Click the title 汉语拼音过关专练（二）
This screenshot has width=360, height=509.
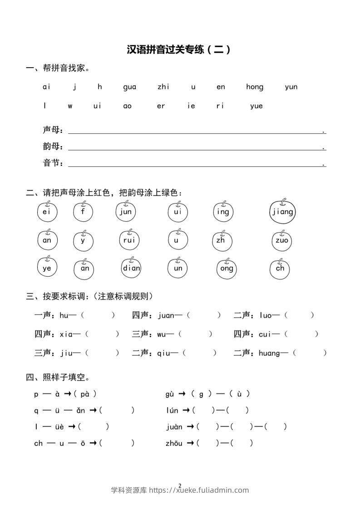pos(179,49)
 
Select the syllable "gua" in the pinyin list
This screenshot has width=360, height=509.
pos(129,87)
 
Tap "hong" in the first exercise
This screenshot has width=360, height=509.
pos(255,87)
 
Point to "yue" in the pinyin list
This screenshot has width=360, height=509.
pos(256,106)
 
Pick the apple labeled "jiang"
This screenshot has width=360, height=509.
pos(282,212)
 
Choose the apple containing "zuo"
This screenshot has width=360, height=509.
pos(282,240)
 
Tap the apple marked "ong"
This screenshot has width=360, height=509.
pos(227,268)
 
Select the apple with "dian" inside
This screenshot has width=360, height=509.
pos(131,268)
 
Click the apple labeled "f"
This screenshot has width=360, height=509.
pos(83,212)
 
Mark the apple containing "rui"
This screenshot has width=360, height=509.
pos(129,240)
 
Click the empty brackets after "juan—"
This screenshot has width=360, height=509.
pos(204,315)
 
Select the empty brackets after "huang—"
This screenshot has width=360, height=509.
pos(310,353)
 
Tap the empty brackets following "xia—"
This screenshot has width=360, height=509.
pos(102,334)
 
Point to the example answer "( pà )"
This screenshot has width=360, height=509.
pos(85,394)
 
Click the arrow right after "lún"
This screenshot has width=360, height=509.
pos(186,411)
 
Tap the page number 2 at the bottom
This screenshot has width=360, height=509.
pos(180,485)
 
